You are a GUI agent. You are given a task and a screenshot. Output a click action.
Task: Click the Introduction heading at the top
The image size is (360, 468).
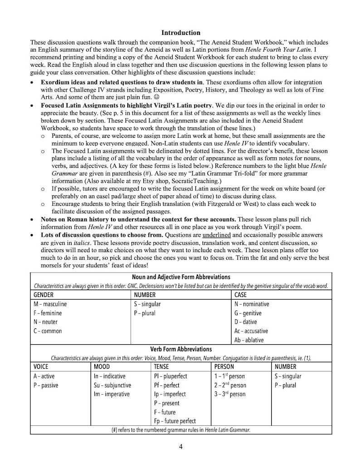(180, 33)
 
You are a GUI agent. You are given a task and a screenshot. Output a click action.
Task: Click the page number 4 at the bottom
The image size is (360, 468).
(181, 447)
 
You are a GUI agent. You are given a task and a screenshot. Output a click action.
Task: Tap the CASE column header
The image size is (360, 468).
(240, 295)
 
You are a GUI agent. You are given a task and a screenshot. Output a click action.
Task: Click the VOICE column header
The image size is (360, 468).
(41, 366)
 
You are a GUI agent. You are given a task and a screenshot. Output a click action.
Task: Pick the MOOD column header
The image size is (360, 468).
(102, 366)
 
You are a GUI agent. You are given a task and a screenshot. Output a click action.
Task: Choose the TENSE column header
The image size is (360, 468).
(161, 366)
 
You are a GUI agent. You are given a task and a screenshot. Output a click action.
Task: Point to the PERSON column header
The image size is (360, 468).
(224, 366)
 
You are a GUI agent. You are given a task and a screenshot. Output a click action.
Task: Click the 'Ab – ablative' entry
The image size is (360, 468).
(249, 340)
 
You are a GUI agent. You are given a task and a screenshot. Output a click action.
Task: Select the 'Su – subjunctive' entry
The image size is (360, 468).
(112, 385)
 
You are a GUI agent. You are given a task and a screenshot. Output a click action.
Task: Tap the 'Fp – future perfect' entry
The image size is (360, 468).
(175, 421)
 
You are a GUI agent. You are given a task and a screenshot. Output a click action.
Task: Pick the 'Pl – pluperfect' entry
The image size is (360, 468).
(170, 376)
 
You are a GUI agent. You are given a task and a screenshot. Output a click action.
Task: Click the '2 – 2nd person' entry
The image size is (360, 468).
(230, 385)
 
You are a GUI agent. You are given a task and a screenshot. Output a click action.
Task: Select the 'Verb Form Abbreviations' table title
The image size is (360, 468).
(181, 349)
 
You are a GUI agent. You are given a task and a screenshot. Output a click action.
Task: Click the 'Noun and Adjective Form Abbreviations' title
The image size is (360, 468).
(181, 277)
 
